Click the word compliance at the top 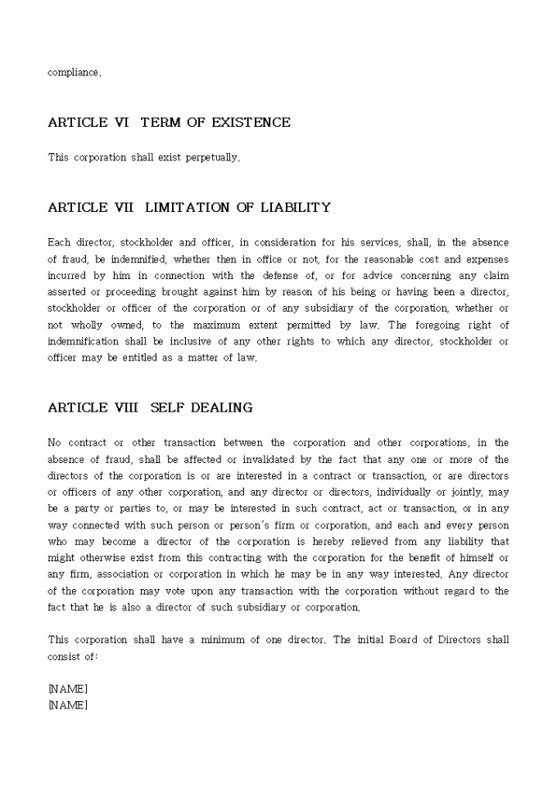[x=74, y=73]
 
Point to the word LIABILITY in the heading [x=295, y=208]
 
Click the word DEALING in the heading [x=224, y=407]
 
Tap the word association [x=127, y=574]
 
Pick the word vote [x=183, y=591]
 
